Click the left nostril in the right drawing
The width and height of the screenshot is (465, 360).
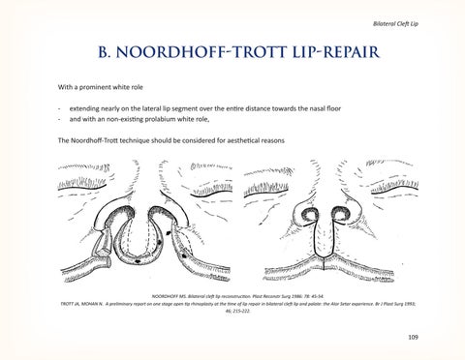point(315,214)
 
